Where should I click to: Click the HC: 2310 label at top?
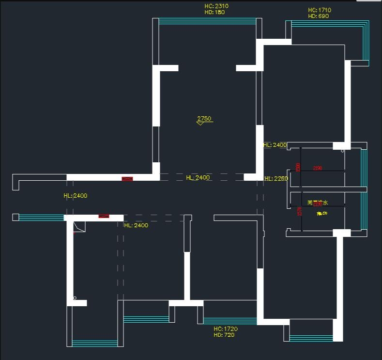(216, 6)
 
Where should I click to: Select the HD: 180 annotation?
(214, 12)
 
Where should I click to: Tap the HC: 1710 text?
(320, 10)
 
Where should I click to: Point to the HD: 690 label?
(318, 16)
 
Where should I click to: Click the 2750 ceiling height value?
(204, 118)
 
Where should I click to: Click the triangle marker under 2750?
(200, 123)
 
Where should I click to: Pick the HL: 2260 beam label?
(276, 178)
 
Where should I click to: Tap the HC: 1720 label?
(226, 329)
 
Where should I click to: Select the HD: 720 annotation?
(224, 334)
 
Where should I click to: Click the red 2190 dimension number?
(318, 168)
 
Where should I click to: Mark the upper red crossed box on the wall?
(127, 179)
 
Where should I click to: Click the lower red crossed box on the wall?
(104, 216)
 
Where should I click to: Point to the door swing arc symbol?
(79, 227)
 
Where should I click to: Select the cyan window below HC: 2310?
(207, 21)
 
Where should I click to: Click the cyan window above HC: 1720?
(230, 321)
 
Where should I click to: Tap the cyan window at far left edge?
(41, 218)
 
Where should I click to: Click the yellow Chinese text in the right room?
(318, 203)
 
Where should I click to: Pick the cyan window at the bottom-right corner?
(311, 338)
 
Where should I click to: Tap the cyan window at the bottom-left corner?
(95, 343)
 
